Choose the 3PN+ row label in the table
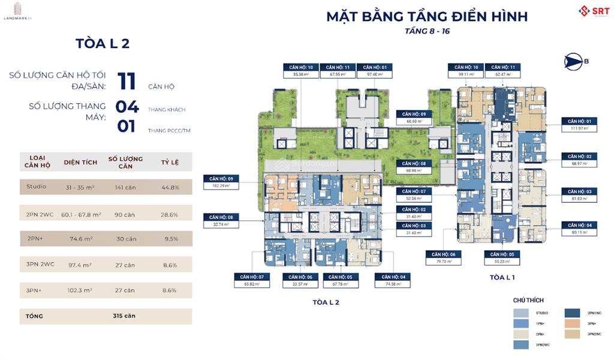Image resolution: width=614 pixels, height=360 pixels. (x=34, y=290)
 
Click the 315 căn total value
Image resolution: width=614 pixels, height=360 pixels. (x=125, y=316)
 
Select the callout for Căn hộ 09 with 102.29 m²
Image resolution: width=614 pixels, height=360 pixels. (x=221, y=182)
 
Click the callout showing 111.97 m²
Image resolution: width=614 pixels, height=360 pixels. (x=579, y=124)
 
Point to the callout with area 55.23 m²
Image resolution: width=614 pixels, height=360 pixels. (x=503, y=258)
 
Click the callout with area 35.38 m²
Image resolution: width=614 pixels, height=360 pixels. (x=301, y=71)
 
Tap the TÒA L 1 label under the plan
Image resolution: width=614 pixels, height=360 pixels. (x=502, y=277)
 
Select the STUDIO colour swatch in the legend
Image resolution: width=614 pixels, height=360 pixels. (x=521, y=312)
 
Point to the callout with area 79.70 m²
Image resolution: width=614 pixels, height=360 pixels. (x=444, y=258)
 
